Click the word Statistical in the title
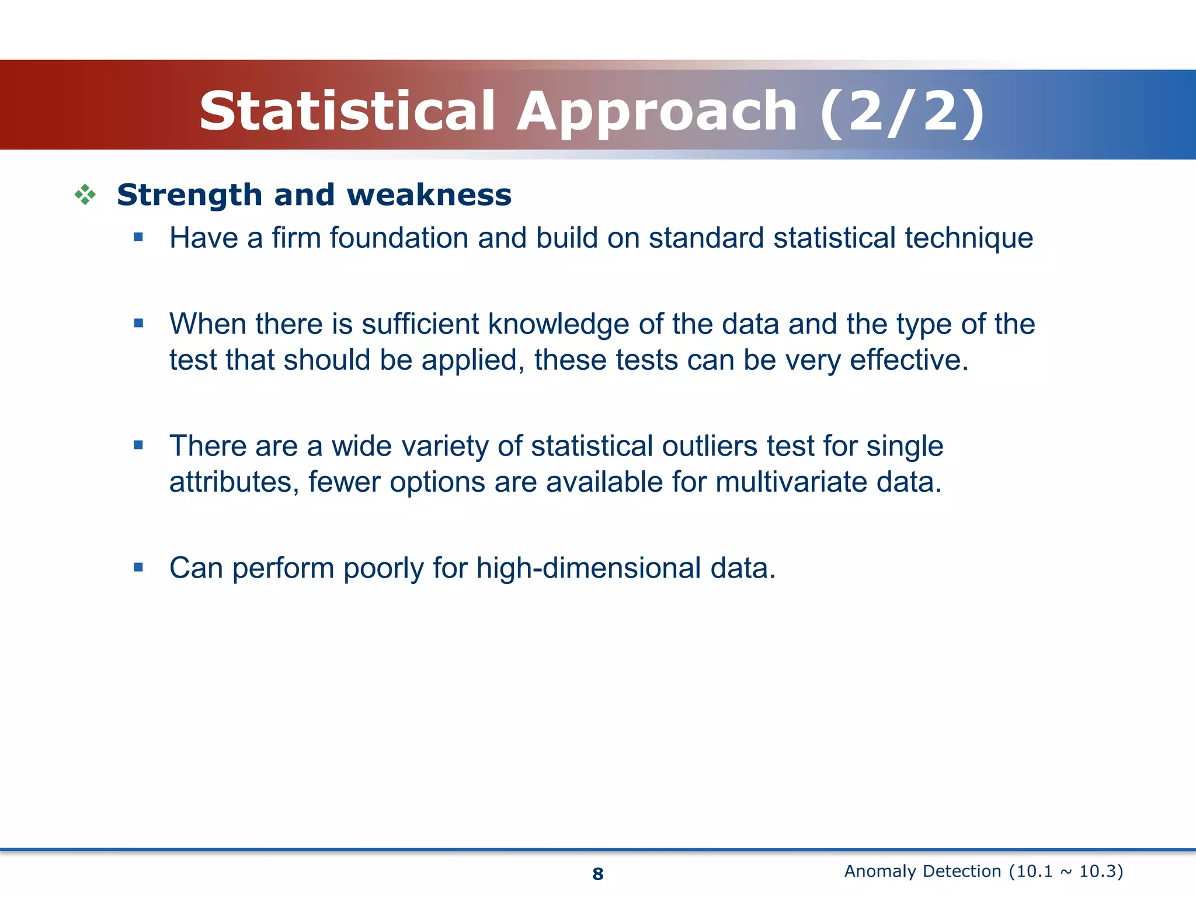click(x=348, y=111)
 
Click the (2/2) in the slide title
click(x=902, y=111)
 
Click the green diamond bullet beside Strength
click(x=85, y=194)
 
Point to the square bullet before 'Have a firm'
click(x=138, y=237)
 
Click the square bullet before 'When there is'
click(x=138, y=323)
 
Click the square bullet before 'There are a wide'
click(x=138, y=445)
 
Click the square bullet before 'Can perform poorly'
click(x=138, y=567)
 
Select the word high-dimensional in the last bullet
click(x=588, y=568)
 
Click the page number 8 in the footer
click(x=597, y=874)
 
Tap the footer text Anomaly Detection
click(x=922, y=871)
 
